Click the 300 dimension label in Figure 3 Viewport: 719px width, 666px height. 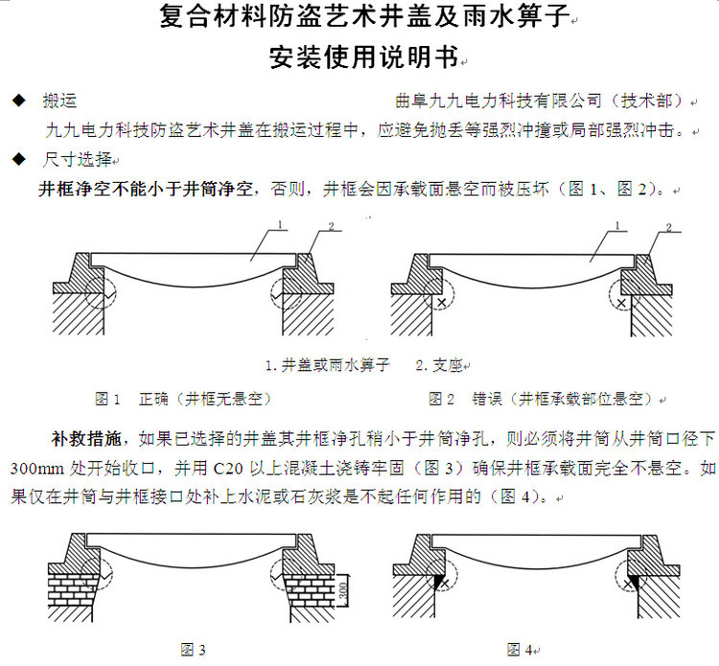pos(343,591)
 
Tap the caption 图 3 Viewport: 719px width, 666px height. pos(193,650)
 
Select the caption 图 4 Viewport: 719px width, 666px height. pos(520,650)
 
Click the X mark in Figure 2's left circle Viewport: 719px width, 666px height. pos(441,303)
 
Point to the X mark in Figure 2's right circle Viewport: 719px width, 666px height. pos(621,303)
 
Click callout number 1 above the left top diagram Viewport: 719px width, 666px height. pos(280,224)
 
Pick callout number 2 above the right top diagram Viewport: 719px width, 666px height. pos(668,227)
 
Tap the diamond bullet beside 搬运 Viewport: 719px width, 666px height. pos(19,100)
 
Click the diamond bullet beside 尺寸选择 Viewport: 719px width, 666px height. pos(19,159)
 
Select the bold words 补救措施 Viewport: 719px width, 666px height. pos(85,439)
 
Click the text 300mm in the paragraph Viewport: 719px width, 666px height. pos(37,469)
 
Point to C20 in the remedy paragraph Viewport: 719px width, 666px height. pos(228,469)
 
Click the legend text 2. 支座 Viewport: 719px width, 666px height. pos(439,365)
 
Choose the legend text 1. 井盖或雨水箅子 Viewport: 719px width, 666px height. pos(328,365)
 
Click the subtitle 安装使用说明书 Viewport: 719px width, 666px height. pos(364,57)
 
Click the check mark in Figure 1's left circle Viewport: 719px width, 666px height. pos(108,294)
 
